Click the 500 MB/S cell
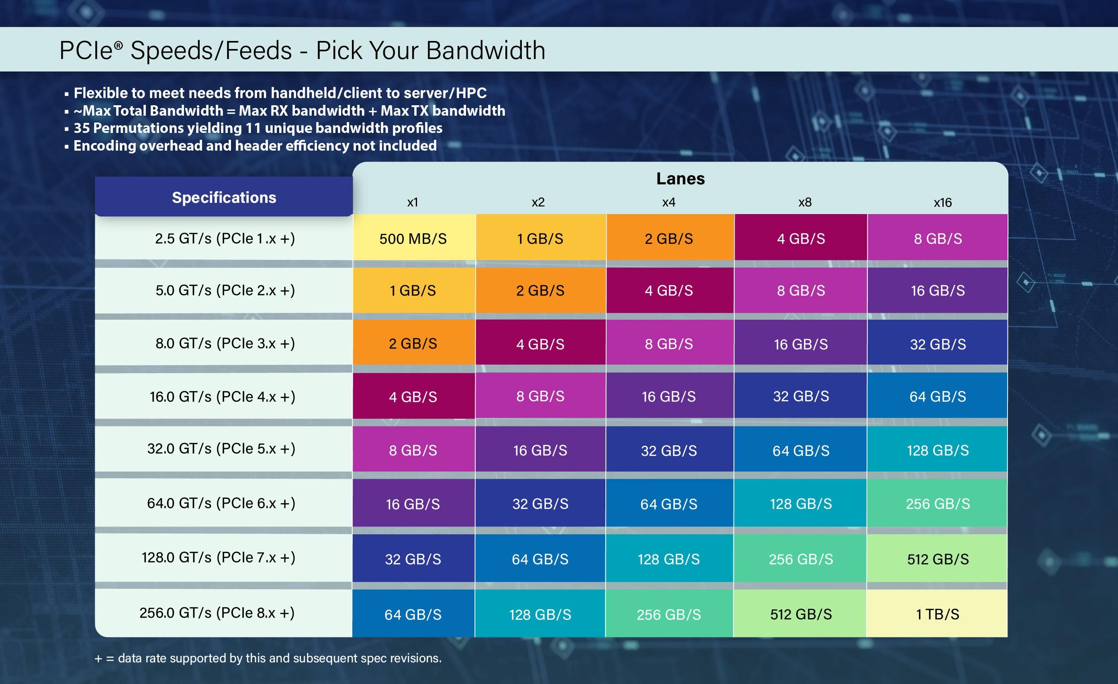click(x=413, y=239)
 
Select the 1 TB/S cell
click(x=937, y=614)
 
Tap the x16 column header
click(x=942, y=202)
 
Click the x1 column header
click(x=413, y=202)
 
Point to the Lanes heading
click(x=680, y=178)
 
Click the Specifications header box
click(x=224, y=197)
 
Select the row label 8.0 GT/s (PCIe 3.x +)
click(x=225, y=343)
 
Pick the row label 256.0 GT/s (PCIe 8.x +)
click(x=217, y=613)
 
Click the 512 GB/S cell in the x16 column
click(x=937, y=559)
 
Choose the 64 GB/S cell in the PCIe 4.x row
click(x=937, y=396)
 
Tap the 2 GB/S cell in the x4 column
click(x=669, y=239)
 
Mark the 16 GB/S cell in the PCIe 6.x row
click(x=413, y=504)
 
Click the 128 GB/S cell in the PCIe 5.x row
click(x=937, y=450)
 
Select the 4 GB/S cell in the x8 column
click(x=801, y=239)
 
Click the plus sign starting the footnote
click(x=98, y=659)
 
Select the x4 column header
click(x=669, y=202)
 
